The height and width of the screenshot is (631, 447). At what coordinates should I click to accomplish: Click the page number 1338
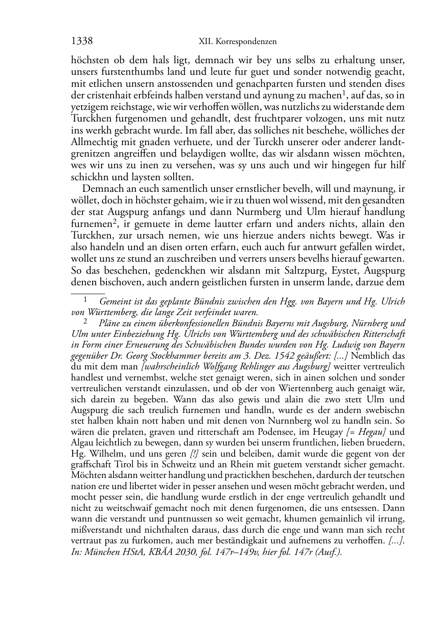(82, 41)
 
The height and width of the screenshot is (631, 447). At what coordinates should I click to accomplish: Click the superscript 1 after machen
(344, 93)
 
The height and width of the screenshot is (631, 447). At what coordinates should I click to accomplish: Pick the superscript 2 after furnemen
(114, 221)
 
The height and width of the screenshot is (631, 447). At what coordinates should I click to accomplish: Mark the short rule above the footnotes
(88, 293)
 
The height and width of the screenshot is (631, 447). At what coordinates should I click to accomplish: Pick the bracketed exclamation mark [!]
(194, 454)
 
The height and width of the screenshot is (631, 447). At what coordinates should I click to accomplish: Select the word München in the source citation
(98, 552)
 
